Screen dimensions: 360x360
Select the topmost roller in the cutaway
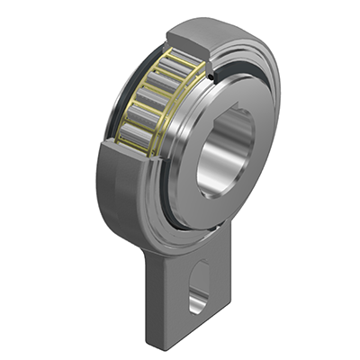[177, 64]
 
